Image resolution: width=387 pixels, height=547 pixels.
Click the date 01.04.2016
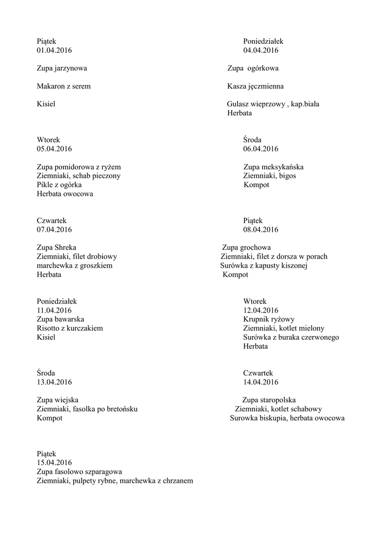coord(54,51)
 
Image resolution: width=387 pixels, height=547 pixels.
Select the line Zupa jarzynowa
coord(62,68)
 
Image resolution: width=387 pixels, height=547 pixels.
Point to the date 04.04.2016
coord(260,51)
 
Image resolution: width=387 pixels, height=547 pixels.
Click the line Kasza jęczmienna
coord(255,86)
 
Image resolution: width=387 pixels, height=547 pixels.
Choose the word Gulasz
coord(239,104)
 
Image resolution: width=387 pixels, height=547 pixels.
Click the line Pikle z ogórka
coord(59,185)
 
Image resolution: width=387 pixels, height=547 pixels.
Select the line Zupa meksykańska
coord(273,167)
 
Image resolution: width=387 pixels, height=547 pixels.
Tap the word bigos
coord(287,176)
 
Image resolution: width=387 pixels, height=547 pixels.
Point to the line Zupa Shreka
coord(57,248)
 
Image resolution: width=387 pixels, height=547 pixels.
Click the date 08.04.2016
coord(260,230)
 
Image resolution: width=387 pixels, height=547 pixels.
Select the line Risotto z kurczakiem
coord(69,329)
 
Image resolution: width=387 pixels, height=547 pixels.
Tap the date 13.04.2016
coord(54,382)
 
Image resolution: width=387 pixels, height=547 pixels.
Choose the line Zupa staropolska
coord(269,400)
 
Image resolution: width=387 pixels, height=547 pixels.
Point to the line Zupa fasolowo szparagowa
coord(80,472)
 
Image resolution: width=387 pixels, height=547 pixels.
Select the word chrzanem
coord(175,481)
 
